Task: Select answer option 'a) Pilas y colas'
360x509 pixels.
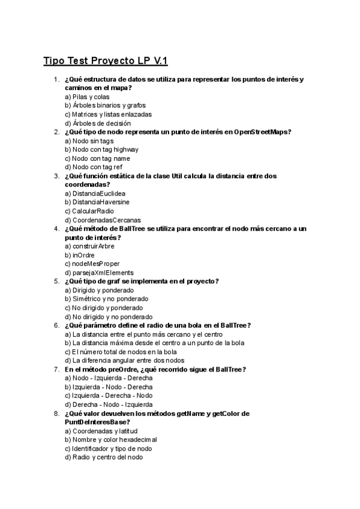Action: pyautogui.click(x=87, y=97)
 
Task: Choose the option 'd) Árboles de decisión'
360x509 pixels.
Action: pyautogui.click(x=97, y=123)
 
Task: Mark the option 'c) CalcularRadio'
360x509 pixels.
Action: pyautogui.click(x=92, y=211)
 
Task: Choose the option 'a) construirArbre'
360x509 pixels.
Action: pyautogui.click(x=89, y=246)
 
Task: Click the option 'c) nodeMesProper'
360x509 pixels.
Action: pyautogui.click(x=92, y=264)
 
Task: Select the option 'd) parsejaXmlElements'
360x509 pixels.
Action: pyautogui.click(x=99, y=273)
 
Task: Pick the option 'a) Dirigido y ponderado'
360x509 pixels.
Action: pyautogui.click(x=99, y=290)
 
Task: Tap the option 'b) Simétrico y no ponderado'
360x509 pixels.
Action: pyautogui.click(x=106, y=299)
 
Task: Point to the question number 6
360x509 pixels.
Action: pyautogui.click(x=56, y=325)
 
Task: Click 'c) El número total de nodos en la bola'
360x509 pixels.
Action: pyautogui.click(x=121, y=352)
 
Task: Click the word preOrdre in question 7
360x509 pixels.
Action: pyautogui.click(x=124, y=369)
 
